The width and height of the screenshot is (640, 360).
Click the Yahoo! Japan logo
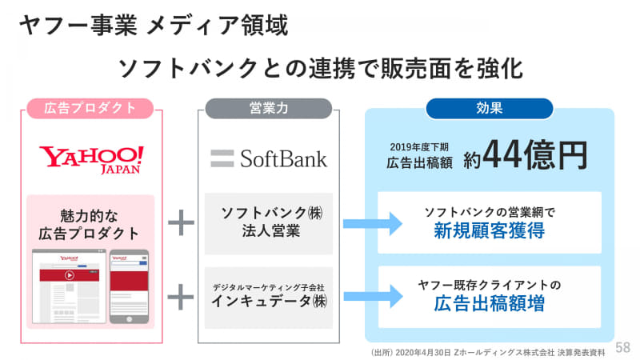tap(92, 158)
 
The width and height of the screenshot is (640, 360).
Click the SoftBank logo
tap(268, 158)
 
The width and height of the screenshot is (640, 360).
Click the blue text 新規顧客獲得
tap(489, 231)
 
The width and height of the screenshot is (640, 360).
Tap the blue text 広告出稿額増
tap(489, 303)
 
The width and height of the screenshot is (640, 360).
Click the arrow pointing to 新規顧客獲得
tap(372, 223)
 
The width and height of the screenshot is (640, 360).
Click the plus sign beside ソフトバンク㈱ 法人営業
tap(181, 223)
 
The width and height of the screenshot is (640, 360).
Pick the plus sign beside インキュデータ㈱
tap(181, 297)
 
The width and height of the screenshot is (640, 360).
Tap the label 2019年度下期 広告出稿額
tap(418, 154)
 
